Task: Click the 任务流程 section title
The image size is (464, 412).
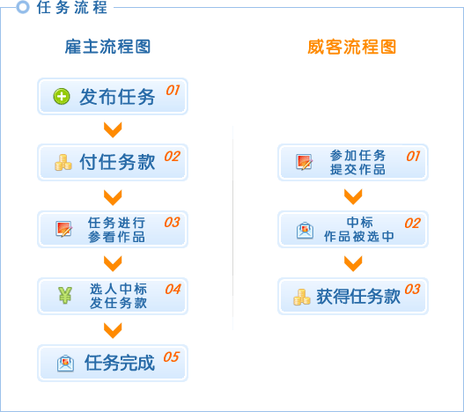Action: coord(72,7)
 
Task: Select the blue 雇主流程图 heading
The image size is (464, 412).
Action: coord(107,47)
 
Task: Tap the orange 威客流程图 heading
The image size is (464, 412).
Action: coord(351,47)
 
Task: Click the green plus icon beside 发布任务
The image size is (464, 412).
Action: coord(62,97)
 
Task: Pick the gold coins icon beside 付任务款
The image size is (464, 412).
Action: coord(63,163)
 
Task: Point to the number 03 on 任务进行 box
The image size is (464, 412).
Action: coord(172,222)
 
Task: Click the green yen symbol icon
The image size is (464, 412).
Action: coord(65,295)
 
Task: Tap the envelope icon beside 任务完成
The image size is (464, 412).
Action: coord(65,364)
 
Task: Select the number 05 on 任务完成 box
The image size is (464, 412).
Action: coord(172,357)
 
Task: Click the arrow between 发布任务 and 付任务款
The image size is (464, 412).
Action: coord(113,129)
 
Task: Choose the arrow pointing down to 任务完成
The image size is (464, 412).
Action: coord(113,330)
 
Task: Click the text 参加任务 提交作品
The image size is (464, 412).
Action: coord(357,162)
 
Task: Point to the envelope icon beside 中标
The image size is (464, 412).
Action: coord(305,231)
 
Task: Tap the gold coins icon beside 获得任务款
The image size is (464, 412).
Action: coord(301,297)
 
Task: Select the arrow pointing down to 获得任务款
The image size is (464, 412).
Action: coord(353,263)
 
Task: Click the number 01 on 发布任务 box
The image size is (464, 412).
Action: coord(173,91)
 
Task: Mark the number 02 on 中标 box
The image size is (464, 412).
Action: coord(413,223)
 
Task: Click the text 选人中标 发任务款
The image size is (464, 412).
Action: coord(118,296)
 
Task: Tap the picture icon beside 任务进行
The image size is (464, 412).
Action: coord(64,229)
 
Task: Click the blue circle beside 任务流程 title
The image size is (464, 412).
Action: coord(23,7)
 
